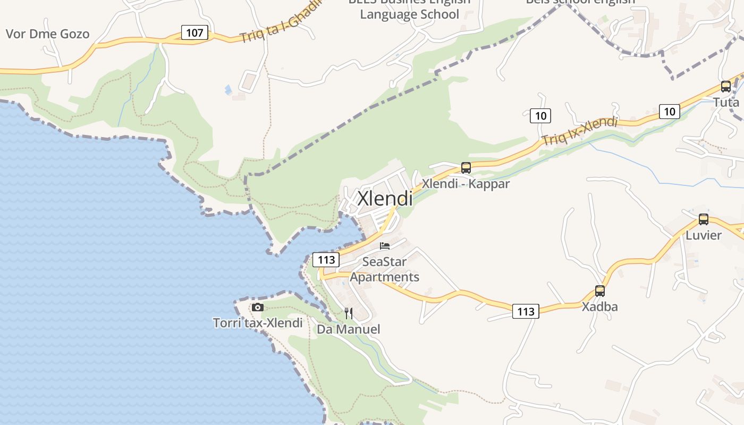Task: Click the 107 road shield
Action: coord(195,33)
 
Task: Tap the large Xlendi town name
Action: coord(385,198)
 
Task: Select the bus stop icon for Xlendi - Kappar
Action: coord(466,168)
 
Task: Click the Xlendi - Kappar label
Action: coord(466,184)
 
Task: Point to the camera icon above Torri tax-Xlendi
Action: coord(258,307)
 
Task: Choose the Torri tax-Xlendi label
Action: coord(258,323)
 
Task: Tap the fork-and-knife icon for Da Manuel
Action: coord(349,313)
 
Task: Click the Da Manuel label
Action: coord(349,329)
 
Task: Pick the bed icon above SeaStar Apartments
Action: coord(385,246)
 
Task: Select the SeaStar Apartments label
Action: coord(384,269)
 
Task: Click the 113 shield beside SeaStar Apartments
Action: coord(326,260)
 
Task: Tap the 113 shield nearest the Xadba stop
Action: coord(526,311)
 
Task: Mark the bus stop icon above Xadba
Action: coord(600,291)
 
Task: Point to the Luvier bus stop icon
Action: coord(704,219)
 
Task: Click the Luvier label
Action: coord(704,235)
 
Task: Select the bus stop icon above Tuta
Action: coord(726,87)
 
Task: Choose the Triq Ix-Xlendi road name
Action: coord(579,131)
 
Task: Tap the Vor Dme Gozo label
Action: coord(47,34)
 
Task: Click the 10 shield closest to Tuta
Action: coord(670,112)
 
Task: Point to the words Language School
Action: coord(409,14)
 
